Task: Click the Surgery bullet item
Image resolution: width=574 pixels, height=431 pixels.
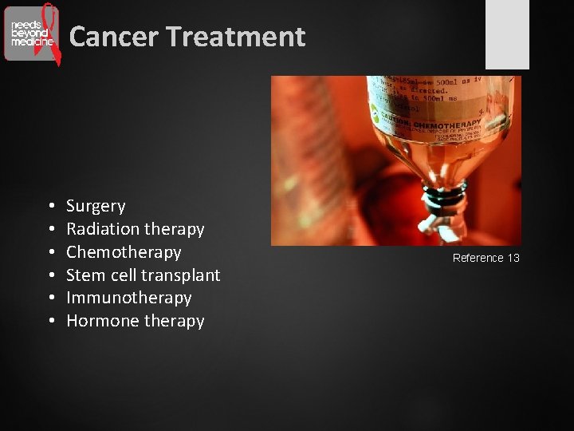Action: pyautogui.click(x=96, y=206)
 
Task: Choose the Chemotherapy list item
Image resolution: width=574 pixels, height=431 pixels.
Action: pyautogui.click(x=124, y=252)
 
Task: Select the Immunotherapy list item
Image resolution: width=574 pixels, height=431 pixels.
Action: pyautogui.click(x=129, y=298)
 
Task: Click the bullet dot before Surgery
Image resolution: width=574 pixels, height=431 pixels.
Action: pyautogui.click(x=50, y=207)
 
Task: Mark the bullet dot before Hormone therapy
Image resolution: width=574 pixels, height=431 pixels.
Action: pyautogui.click(x=50, y=322)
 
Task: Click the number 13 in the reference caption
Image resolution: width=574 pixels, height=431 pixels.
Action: pyautogui.click(x=513, y=258)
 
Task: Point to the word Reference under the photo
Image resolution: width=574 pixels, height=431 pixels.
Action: pyautogui.click(x=478, y=258)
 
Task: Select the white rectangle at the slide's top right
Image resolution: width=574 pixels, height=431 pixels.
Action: pyautogui.click(x=507, y=34)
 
